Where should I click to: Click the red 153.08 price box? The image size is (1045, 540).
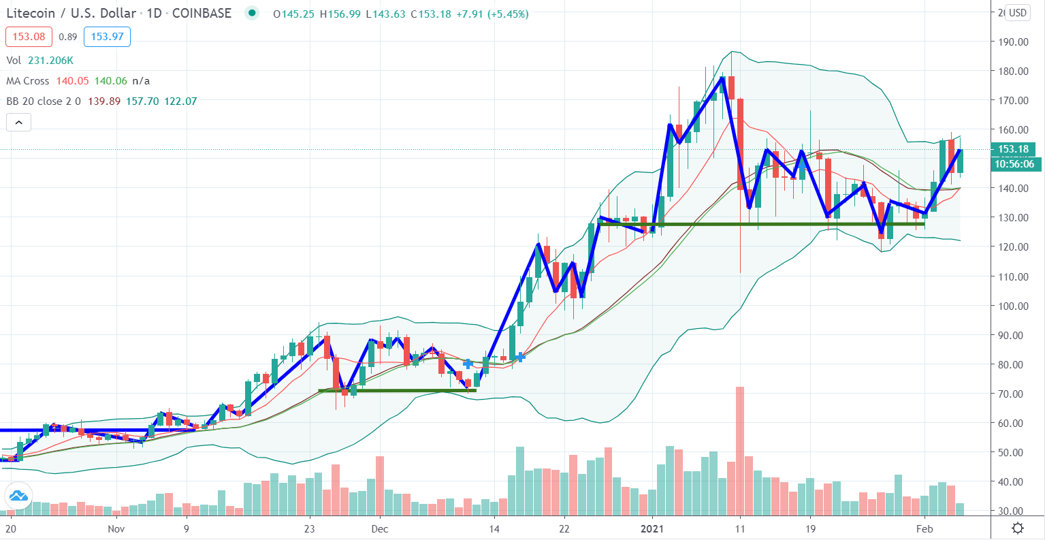pyautogui.click(x=29, y=37)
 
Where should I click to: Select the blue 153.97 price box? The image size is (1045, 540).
pyautogui.click(x=107, y=37)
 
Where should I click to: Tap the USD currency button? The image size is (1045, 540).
pyautogui.click(x=1018, y=13)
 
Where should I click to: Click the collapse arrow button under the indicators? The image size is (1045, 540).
pyautogui.click(x=18, y=123)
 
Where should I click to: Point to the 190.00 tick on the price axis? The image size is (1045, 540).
pyautogui.click(x=1010, y=42)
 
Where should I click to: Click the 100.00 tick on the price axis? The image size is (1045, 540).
pyautogui.click(x=1010, y=306)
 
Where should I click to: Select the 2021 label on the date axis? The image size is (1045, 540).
pyautogui.click(x=652, y=529)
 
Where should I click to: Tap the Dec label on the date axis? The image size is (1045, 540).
pyautogui.click(x=380, y=529)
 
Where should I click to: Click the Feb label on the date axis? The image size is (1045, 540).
pyautogui.click(x=925, y=529)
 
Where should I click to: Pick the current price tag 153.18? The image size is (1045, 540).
pyautogui.click(x=1013, y=149)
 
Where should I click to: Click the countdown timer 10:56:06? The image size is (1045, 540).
pyautogui.click(x=1014, y=164)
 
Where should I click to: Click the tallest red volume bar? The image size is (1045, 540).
pyautogui.click(x=740, y=451)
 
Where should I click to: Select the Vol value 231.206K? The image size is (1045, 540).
pyautogui.click(x=51, y=61)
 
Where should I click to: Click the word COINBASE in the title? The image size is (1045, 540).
pyautogui.click(x=202, y=14)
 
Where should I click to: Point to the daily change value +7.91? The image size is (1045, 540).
pyautogui.click(x=469, y=14)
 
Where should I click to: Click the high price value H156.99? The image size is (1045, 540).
pyautogui.click(x=340, y=14)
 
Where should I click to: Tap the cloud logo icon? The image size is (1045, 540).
pyautogui.click(x=18, y=496)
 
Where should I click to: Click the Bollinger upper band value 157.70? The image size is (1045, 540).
pyautogui.click(x=143, y=101)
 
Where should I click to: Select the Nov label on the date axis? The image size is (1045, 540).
pyautogui.click(x=116, y=529)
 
